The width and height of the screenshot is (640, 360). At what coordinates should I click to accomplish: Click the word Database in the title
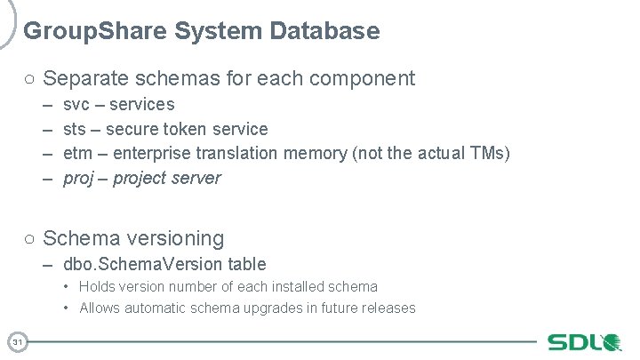[x=330, y=32]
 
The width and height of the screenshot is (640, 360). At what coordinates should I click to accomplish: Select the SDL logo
[x=583, y=342]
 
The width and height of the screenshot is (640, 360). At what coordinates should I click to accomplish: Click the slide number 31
[x=18, y=341]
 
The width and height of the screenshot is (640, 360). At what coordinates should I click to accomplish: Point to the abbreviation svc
[x=77, y=105]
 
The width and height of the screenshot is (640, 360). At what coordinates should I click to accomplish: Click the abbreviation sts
[x=76, y=129]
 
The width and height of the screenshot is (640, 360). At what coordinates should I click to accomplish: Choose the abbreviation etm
[x=77, y=153]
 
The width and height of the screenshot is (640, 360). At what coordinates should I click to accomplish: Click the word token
[x=189, y=129]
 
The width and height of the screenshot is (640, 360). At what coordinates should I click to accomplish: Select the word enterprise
[x=154, y=153]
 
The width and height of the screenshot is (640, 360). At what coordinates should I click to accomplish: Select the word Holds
[x=97, y=286]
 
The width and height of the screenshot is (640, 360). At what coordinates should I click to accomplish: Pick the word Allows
[x=100, y=308]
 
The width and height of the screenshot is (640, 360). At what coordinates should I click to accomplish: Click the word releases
[x=385, y=308]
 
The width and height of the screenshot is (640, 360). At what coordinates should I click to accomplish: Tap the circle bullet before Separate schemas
[x=29, y=79]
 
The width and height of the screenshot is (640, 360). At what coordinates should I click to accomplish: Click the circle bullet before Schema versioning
[x=29, y=239]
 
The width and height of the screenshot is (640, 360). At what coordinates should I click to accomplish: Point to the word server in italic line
[x=197, y=178]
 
